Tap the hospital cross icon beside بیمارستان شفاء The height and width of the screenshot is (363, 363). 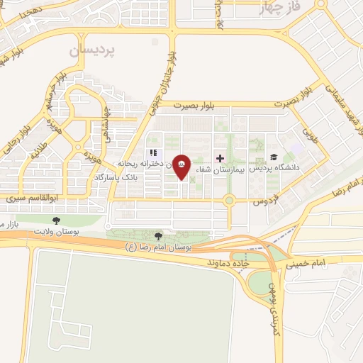[220, 157]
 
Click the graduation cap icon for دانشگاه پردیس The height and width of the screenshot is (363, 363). [274, 157]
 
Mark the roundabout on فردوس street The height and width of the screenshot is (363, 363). [229, 201]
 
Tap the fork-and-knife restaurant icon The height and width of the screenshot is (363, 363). [152, 152]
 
